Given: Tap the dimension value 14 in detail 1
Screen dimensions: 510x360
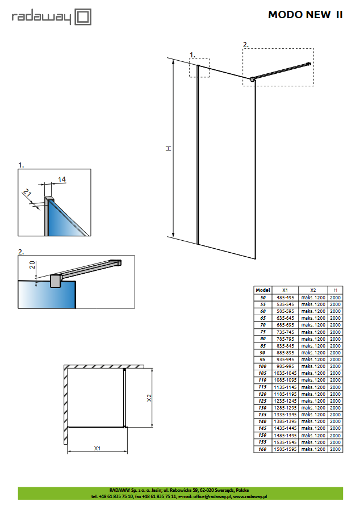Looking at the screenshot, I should pyautogui.click(x=62, y=179).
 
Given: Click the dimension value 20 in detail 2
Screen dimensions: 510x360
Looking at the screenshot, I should pyautogui.click(x=32, y=264).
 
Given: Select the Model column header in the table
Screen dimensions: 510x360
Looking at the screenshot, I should pyautogui.click(x=262, y=290).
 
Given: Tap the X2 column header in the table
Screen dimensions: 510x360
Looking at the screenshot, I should pyautogui.click(x=313, y=290).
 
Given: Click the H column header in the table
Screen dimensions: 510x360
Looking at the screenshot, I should pyautogui.click(x=335, y=290).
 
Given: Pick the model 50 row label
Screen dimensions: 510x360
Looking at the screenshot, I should pyautogui.click(x=262, y=297).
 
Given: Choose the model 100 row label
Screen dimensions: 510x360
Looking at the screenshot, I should pyautogui.click(x=262, y=366).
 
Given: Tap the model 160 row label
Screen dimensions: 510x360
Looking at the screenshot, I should pyautogui.click(x=262, y=449).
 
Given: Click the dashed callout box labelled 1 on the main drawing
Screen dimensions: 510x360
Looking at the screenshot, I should pyautogui.click(x=199, y=68).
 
